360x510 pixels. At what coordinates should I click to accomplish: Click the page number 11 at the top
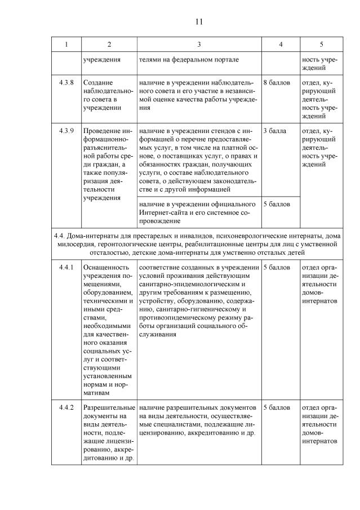point(198,22)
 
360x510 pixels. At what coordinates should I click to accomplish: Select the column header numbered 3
point(199,44)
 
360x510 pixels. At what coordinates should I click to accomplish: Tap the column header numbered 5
point(321,44)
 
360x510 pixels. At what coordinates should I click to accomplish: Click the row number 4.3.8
point(66,83)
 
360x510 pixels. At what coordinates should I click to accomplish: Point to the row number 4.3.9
point(66,131)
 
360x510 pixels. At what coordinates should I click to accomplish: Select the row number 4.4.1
point(66,267)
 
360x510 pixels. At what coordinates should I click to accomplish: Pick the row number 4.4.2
point(66,407)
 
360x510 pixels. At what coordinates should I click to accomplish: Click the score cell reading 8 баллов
point(277,83)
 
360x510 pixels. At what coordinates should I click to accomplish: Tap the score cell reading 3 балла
point(275,131)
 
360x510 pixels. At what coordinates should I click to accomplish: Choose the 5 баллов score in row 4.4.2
point(277,407)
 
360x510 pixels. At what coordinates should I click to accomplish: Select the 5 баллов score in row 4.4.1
point(277,267)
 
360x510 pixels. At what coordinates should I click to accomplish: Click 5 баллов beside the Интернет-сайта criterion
point(277,204)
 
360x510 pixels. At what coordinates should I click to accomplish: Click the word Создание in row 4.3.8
point(97,83)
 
